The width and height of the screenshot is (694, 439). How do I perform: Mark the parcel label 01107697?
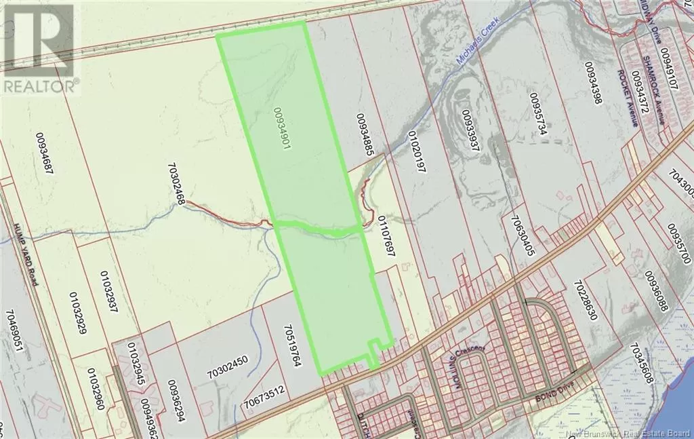386,236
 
